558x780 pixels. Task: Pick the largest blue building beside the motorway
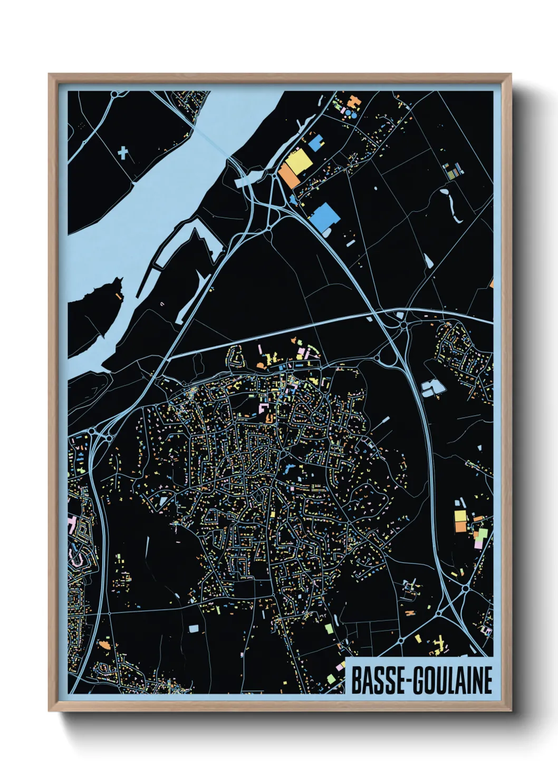[x=324, y=217]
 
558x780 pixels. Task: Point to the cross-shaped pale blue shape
[x=123, y=153]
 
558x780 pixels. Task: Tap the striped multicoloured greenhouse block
[x=452, y=170]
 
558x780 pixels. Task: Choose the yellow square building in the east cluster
[x=460, y=515]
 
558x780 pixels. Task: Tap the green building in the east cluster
[x=482, y=534]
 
